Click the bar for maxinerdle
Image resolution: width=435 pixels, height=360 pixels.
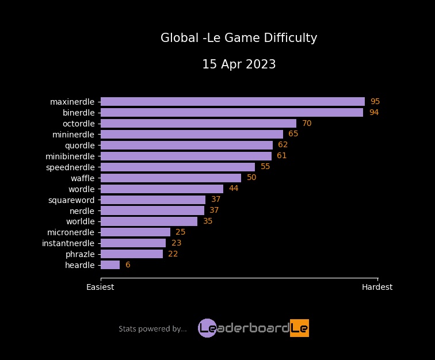coord(232,102)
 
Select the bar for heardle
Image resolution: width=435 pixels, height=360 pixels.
coord(110,265)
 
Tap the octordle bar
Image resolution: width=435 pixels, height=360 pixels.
coord(198,124)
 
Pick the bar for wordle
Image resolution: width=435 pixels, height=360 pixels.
coord(162,189)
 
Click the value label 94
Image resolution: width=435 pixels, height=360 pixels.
coord(374,113)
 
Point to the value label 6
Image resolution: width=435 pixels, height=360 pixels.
coord(128,265)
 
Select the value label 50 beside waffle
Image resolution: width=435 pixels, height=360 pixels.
coord(251,178)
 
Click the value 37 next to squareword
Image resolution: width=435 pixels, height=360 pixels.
coord(216,200)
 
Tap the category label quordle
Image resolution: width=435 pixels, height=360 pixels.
coord(79,145)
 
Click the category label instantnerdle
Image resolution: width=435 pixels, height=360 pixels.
coord(68,243)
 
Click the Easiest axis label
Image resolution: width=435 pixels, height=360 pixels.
coord(100,287)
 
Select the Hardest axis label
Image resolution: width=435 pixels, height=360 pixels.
coord(377,287)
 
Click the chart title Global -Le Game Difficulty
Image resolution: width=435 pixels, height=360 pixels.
coord(239,39)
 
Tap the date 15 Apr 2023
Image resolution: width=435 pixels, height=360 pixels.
coord(239,64)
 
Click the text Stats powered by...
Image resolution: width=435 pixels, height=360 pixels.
coord(152,329)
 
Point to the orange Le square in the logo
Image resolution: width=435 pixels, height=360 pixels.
coord(299,328)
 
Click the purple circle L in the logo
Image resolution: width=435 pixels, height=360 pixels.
coord(207,328)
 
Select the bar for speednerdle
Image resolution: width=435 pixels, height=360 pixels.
coord(177,167)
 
